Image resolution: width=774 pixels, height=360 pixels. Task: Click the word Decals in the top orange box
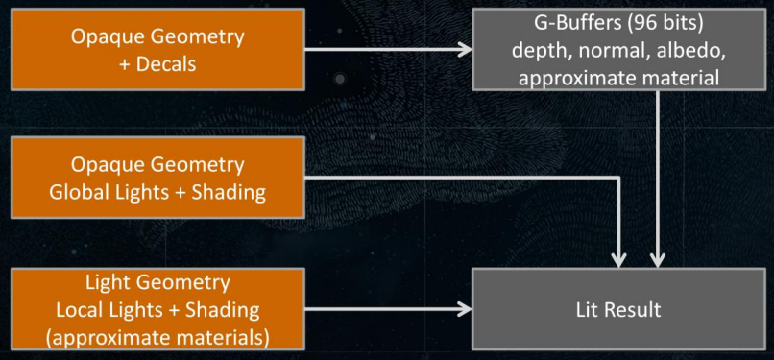166,64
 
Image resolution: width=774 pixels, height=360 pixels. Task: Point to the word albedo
690,50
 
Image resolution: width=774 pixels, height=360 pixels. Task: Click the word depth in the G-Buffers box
538,51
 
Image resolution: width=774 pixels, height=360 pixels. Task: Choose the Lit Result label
618,310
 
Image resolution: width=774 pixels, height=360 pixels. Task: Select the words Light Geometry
157,283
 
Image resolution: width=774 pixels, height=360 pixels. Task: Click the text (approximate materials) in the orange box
157,338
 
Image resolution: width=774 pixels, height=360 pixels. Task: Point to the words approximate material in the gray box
618,78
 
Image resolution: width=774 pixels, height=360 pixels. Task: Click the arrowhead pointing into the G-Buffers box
465,49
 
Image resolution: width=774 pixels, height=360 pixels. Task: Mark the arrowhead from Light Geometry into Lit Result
465,309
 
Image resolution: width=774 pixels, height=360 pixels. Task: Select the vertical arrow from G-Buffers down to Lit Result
657,179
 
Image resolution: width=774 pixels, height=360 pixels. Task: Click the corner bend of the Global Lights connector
618,178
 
